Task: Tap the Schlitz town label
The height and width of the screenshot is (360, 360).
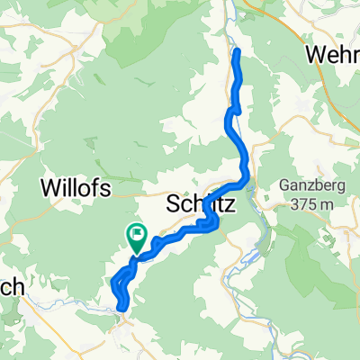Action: coord(202,205)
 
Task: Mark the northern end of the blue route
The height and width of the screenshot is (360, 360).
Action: coord(237,52)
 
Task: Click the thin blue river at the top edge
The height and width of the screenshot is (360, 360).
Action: coord(232,9)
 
